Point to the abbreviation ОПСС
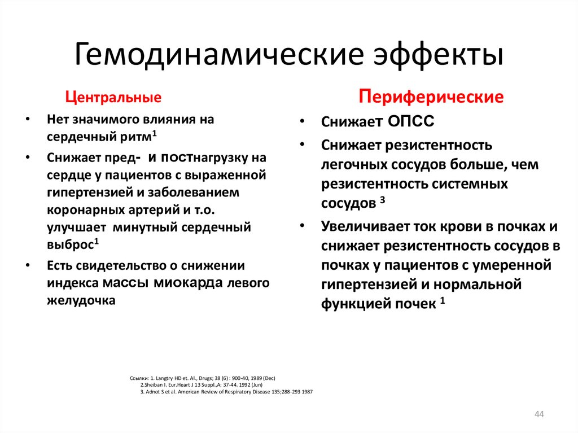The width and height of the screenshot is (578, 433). pos(411,122)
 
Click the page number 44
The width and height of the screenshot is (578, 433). pos(538,415)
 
